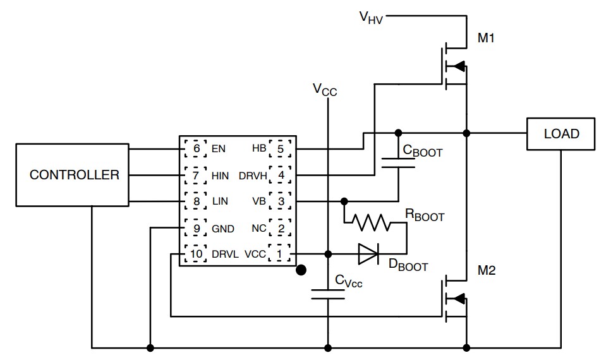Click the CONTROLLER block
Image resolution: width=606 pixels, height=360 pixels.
pyautogui.click(x=75, y=175)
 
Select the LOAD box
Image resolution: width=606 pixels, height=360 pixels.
pyautogui.click(x=561, y=134)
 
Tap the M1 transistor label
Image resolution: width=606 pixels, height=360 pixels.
pyautogui.click(x=486, y=39)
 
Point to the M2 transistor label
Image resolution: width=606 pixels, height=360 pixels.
pyautogui.click(x=486, y=271)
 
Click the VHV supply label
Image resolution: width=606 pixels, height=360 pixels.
pyautogui.click(x=372, y=17)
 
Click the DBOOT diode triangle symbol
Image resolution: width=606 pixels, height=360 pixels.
pyautogui.click(x=368, y=254)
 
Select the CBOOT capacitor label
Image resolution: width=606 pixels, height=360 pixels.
pyautogui.click(x=423, y=151)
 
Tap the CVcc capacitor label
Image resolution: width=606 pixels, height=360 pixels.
pyautogui.click(x=348, y=281)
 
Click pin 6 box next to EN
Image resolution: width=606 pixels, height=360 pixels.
pyautogui.click(x=197, y=149)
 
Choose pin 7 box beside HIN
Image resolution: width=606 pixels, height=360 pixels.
pyautogui.click(x=197, y=175)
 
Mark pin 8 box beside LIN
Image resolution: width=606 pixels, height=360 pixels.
pyautogui.click(x=197, y=201)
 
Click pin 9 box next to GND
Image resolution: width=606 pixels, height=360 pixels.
pyautogui.click(x=197, y=228)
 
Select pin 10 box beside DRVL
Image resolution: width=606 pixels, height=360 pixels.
pyautogui.click(x=197, y=254)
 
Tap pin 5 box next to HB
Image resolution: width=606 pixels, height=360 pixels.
pyautogui.click(x=279, y=149)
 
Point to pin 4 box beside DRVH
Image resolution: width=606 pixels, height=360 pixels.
pyautogui.click(x=279, y=175)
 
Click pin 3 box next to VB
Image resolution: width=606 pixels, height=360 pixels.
pyautogui.click(x=279, y=201)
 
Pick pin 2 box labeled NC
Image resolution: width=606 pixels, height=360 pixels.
pyautogui.click(x=279, y=228)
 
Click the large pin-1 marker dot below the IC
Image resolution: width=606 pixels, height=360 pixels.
pyautogui.click(x=302, y=270)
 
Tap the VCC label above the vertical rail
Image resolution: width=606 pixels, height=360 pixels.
pyautogui.click(x=325, y=90)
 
